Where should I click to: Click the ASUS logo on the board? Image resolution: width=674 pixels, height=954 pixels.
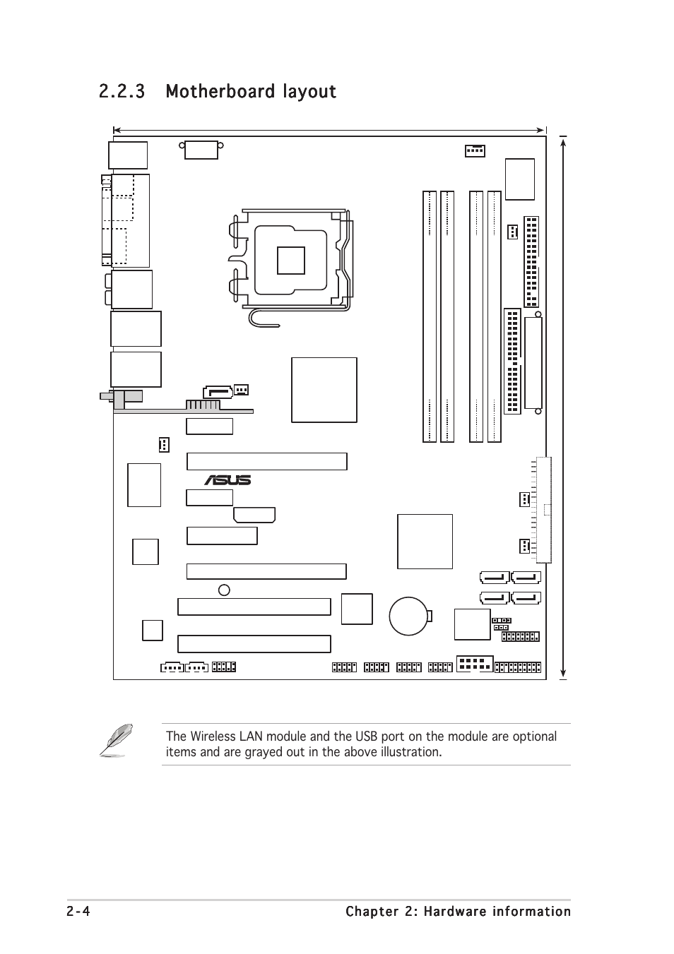[x=227, y=480]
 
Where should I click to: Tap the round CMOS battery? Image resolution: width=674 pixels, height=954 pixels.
[x=408, y=616]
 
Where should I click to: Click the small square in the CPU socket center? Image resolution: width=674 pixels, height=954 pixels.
[x=291, y=261]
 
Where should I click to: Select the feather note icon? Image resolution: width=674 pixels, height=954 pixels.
[x=116, y=740]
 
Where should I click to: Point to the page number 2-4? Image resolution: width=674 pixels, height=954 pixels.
[x=78, y=911]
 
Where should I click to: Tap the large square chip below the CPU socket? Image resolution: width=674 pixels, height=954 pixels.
[x=324, y=390]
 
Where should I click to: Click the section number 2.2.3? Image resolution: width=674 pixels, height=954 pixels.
[x=122, y=91]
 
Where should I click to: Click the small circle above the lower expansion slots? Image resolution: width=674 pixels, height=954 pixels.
[x=224, y=590]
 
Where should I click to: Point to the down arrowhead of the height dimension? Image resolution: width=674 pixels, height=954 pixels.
[x=563, y=674]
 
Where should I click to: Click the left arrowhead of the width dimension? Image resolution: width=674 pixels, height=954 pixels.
[x=117, y=130]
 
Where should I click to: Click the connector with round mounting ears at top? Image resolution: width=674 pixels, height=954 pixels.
[x=201, y=150]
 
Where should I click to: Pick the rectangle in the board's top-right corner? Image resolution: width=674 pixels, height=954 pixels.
[x=520, y=179]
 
